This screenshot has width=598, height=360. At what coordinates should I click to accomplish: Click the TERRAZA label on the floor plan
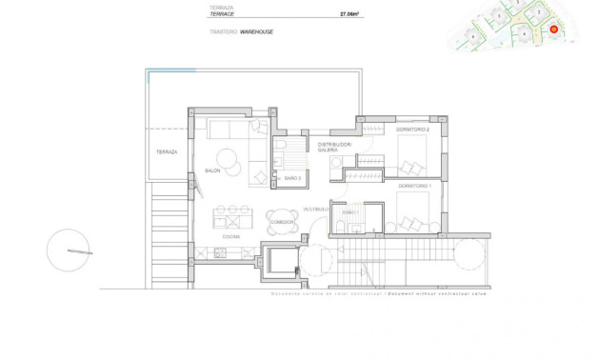point(167,151)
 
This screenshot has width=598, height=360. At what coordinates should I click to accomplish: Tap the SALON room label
point(211,170)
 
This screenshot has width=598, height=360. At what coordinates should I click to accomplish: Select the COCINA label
point(230,235)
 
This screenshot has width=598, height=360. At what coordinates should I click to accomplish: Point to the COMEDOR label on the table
point(282,223)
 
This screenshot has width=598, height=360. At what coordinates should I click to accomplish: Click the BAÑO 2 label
point(293,178)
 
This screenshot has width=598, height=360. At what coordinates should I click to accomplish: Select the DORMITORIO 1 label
point(413,185)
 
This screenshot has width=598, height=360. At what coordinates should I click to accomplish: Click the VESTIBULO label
point(316,209)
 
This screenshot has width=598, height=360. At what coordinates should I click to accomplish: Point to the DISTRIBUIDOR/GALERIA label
point(334,148)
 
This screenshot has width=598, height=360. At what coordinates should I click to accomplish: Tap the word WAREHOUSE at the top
point(257,31)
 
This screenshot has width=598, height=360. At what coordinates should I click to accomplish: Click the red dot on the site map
point(554,30)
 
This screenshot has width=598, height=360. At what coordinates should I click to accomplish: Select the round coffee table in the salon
point(228,159)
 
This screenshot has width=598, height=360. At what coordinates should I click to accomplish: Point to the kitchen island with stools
point(231,215)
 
